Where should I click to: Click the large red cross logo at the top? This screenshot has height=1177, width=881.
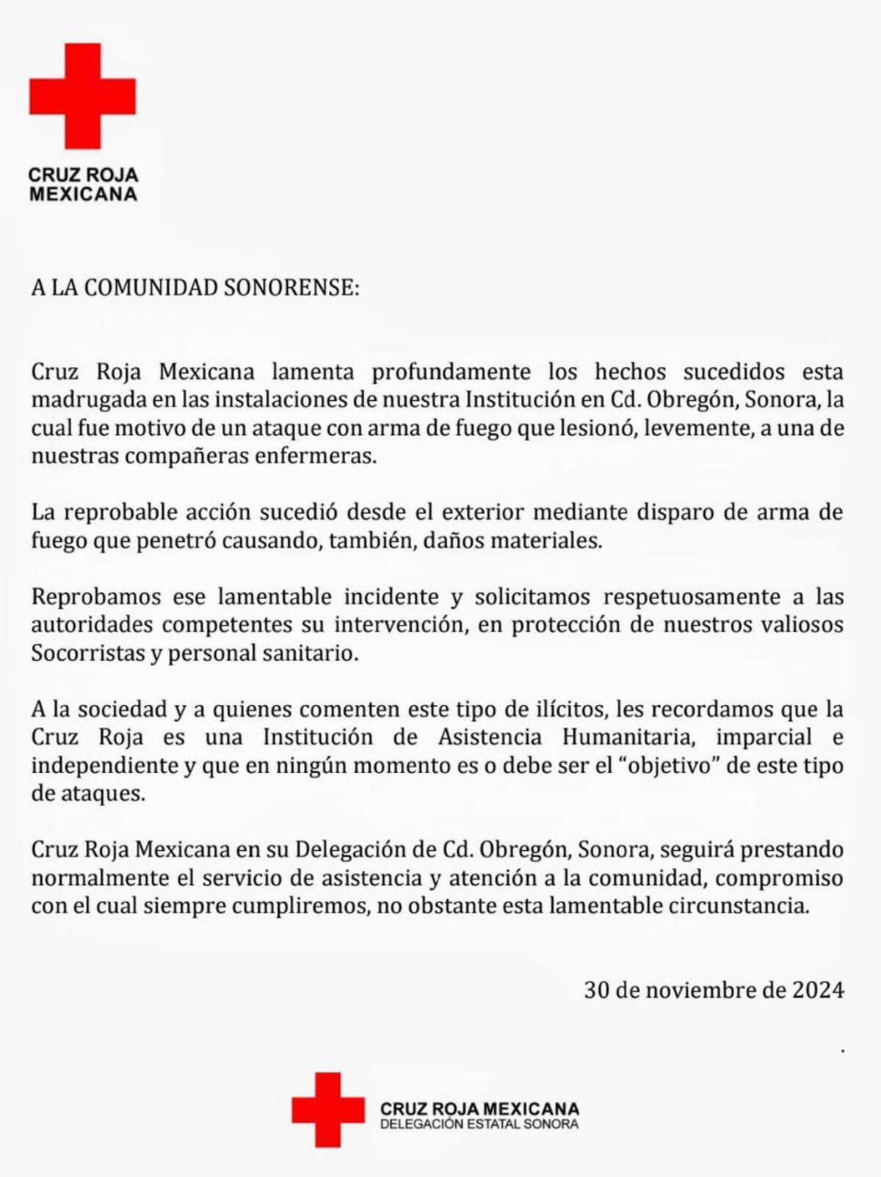coord(82,95)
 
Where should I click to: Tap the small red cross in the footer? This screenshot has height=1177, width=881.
coord(327,1109)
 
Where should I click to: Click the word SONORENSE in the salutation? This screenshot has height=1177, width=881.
coord(291,287)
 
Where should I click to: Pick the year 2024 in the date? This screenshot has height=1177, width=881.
coord(818,990)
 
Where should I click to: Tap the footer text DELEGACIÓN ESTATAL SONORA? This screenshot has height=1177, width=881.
coord(479,1124)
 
